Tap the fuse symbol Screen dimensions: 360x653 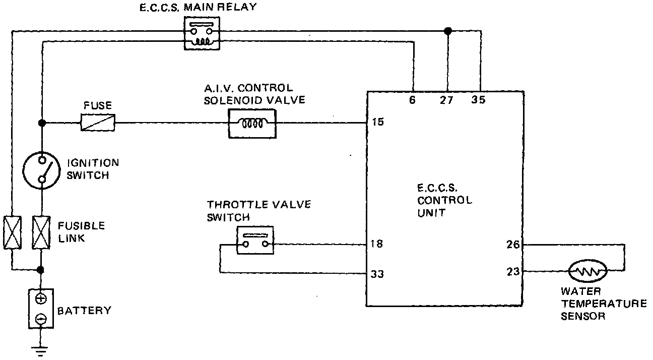point(98,123)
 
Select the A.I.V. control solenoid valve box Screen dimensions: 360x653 point(252,123)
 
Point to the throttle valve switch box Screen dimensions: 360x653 point(255,240)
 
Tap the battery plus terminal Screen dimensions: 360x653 point(41,298)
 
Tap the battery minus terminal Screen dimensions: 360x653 point(41,319)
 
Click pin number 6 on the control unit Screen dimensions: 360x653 point(412,100)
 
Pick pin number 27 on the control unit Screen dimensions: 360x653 point(446,100)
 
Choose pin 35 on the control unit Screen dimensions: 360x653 point(478,100)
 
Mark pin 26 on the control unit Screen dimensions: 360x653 point(512,246)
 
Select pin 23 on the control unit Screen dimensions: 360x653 point(512,271)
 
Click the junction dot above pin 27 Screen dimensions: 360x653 point(447,31)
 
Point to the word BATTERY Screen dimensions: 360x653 point(84,311)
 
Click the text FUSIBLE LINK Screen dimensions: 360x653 point(81,231)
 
